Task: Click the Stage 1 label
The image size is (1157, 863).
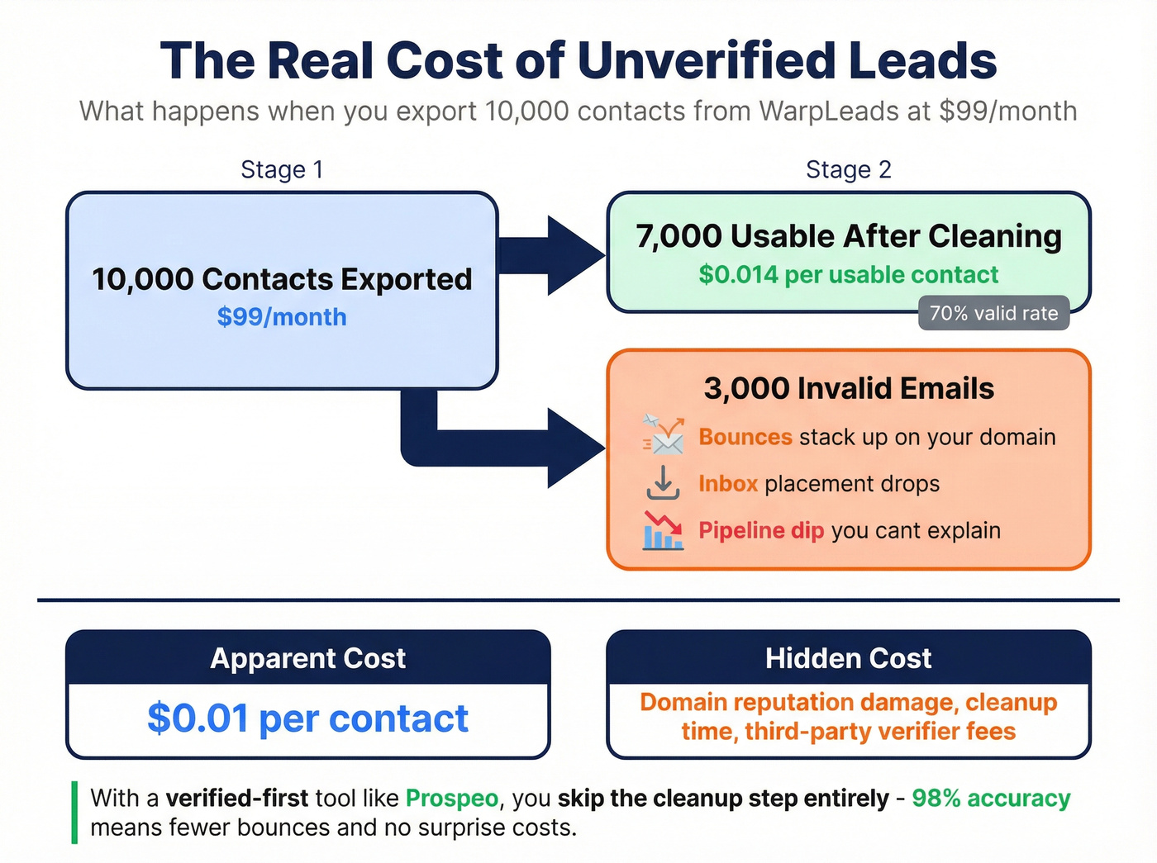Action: point(282,169)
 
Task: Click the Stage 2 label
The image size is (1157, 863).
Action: point(848,169)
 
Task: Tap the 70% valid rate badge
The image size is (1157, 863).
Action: point(993,313)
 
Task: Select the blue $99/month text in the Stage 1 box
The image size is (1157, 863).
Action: point(282,317)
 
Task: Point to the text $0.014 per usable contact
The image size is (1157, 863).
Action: point(848,274)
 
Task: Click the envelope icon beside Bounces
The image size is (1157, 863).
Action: point(664,435)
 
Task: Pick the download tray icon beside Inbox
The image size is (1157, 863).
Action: point(663,483)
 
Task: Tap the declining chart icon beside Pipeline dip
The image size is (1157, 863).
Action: point(663,530)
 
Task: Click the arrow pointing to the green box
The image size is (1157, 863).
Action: point(554,255)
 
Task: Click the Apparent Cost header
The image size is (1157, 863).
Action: point(307,658)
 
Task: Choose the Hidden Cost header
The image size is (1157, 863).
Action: point(848,658)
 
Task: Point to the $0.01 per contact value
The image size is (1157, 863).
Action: point(307,718)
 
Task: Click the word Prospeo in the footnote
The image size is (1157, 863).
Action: point(452,799)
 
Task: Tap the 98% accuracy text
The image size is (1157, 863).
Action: point(991,799)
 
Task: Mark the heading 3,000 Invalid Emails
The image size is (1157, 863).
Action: point(848,388)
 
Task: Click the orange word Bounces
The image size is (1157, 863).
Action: point(745,437)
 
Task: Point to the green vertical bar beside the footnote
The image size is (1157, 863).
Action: point(74,813)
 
